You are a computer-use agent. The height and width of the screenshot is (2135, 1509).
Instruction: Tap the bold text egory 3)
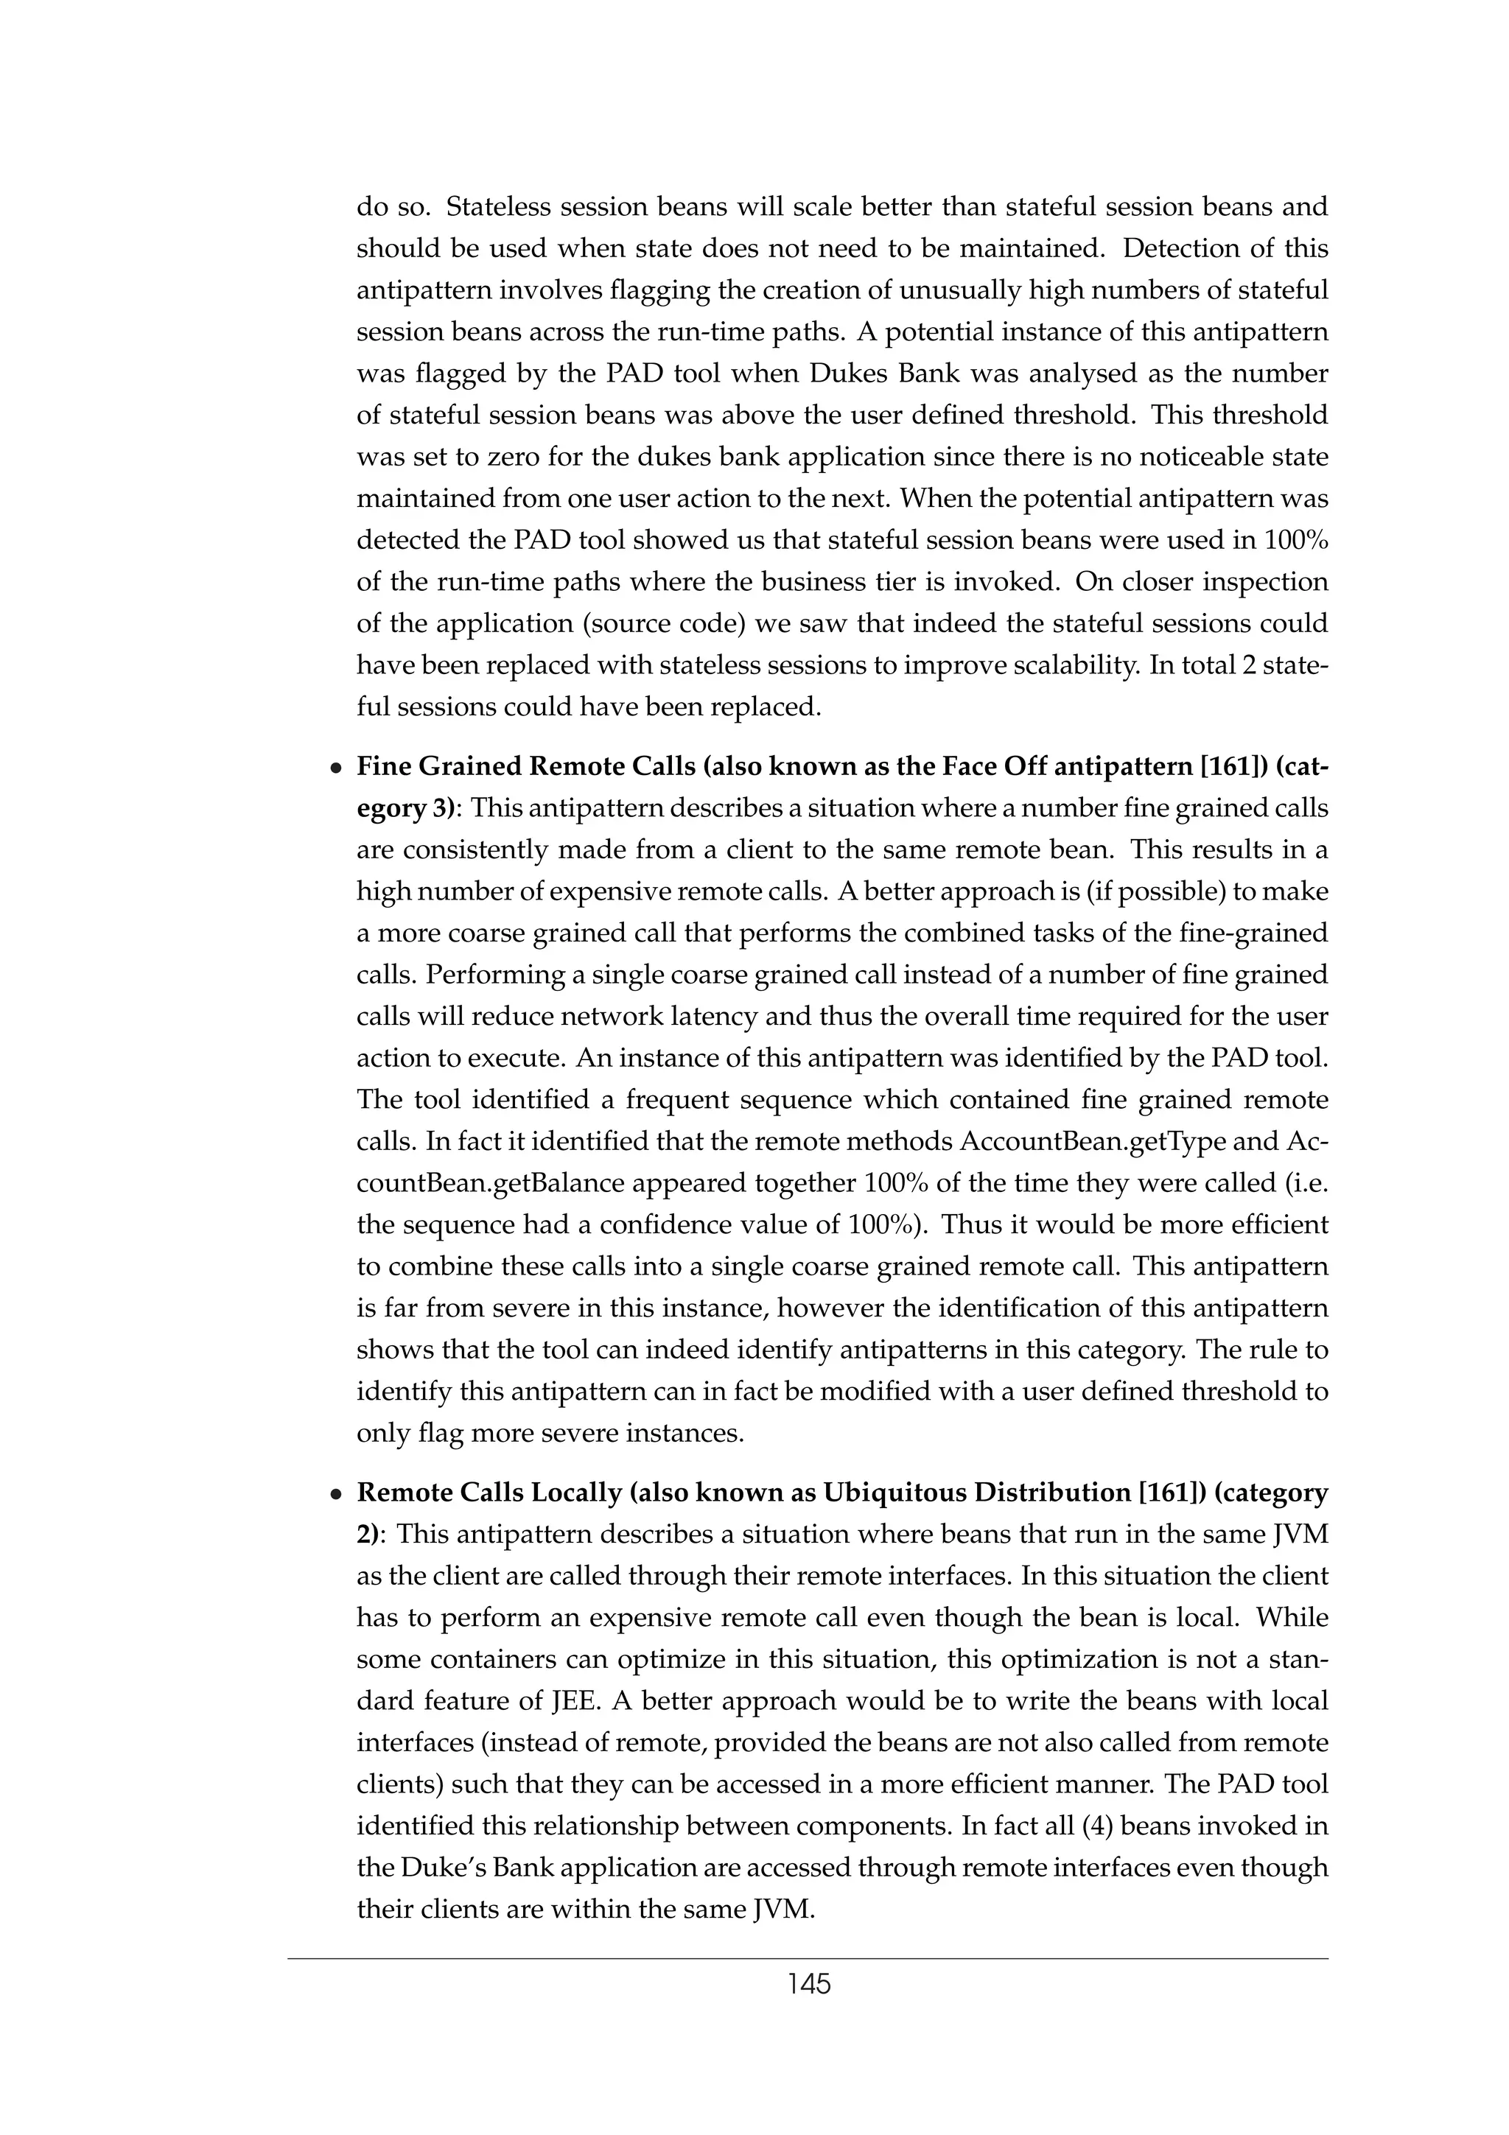(409, 809)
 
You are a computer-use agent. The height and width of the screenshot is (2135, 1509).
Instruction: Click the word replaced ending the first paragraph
(766, 708)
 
